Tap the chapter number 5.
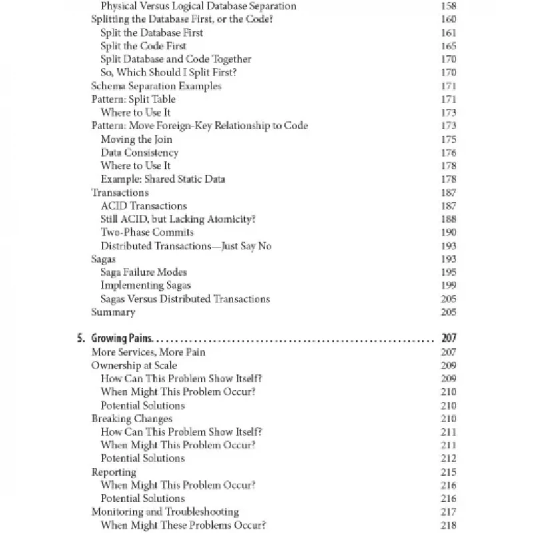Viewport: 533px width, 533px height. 81,338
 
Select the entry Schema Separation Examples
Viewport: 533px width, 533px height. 156,86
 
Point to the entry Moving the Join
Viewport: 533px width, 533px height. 136,139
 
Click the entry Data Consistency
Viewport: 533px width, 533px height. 139,153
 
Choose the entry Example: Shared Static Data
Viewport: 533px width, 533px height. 163,179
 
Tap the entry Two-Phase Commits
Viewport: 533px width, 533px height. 147,233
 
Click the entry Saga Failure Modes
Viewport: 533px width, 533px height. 143,272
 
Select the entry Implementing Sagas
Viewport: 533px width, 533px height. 145,286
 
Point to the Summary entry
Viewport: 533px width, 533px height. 113,312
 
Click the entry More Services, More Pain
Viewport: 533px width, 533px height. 148,352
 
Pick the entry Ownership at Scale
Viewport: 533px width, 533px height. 134,365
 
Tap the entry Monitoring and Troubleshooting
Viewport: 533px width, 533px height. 165,512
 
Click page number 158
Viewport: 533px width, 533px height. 448,6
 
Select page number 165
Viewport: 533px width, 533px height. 448,46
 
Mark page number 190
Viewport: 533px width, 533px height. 448,233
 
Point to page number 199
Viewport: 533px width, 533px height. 448,286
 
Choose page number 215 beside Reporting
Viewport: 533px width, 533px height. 448,472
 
